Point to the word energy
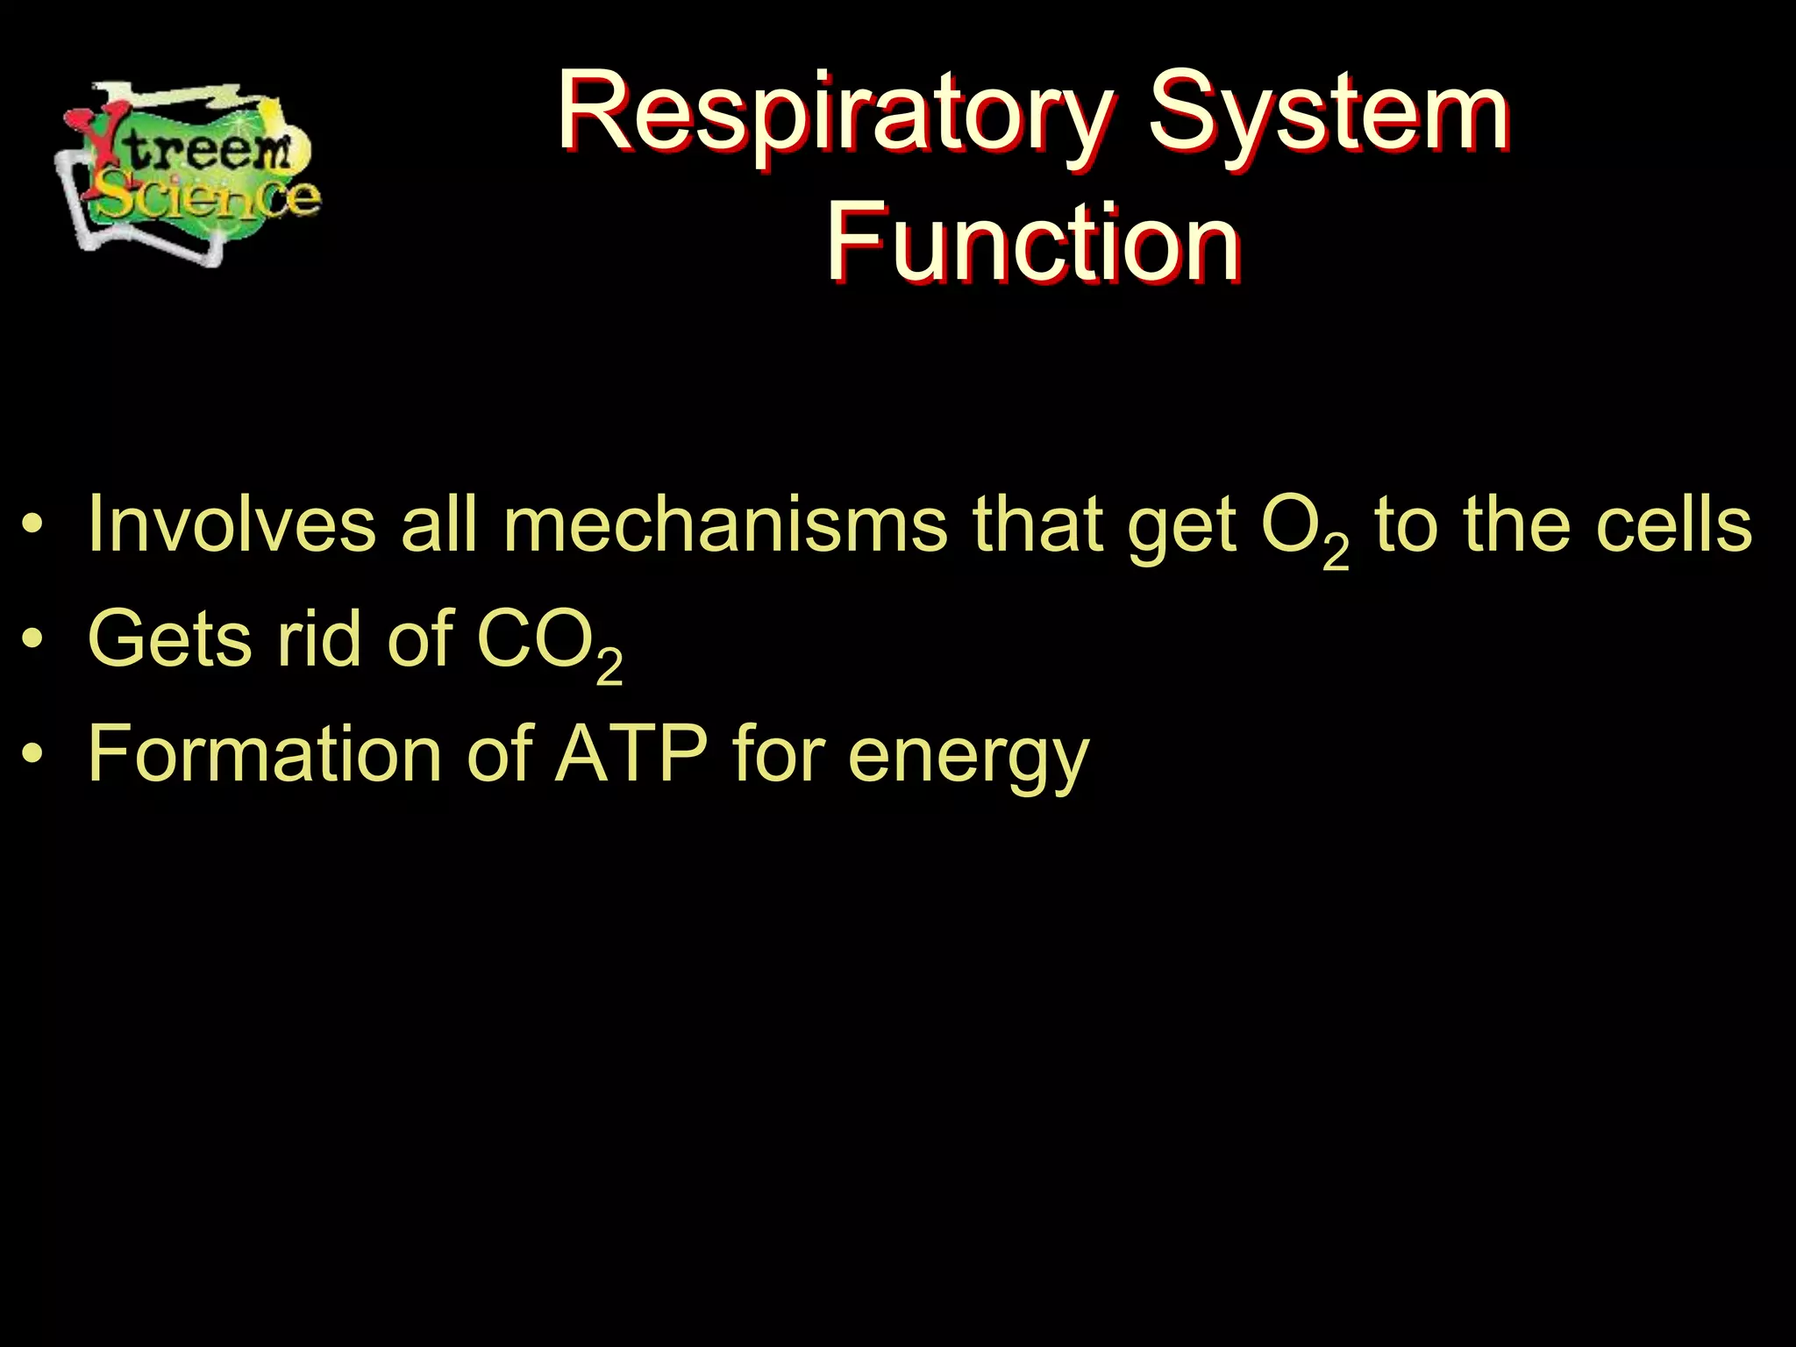[x=968, y=759]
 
